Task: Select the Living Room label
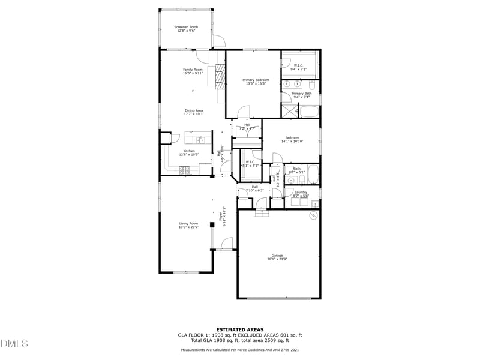pos(188,225)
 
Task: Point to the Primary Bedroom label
pos(256,81)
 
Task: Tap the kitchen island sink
pos(202,140)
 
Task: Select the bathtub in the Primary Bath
pos(310,112)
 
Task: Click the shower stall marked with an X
pos(290,112)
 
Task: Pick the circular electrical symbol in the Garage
pos(312,215)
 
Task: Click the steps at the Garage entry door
pos(262,212)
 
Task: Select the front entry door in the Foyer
pos(227,243)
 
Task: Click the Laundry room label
pos(301,194)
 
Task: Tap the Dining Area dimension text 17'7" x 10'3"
pos(194,114)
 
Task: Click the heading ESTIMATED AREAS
pos(240,330)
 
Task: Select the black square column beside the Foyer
pos(212,225)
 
